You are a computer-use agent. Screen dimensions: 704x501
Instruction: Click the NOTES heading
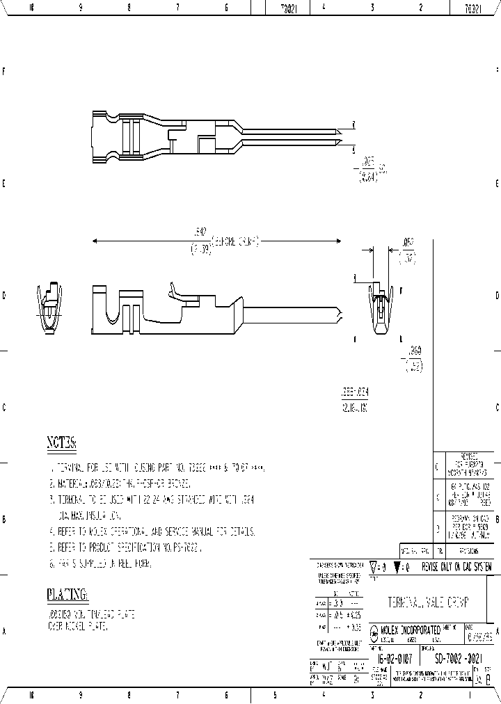61,442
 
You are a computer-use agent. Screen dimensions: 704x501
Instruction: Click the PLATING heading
67,594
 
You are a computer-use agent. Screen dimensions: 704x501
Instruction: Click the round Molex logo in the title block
374,632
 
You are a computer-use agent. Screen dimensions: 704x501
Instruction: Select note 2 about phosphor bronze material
122,483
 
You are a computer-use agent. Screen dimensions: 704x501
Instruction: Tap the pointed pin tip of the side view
340,314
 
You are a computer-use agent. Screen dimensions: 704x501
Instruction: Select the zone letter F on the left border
5,72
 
